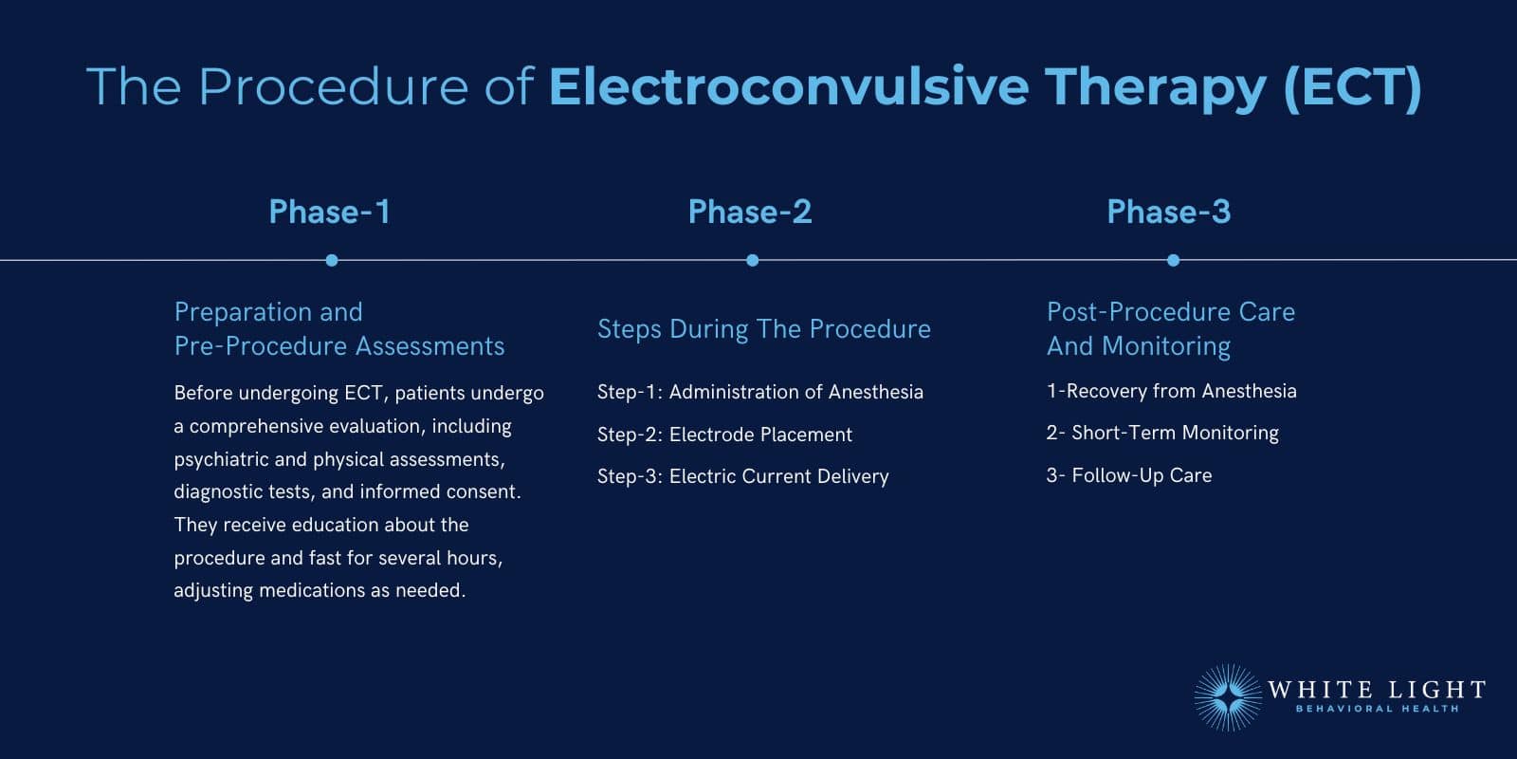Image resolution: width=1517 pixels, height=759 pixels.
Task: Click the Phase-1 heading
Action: (x=329, y=212)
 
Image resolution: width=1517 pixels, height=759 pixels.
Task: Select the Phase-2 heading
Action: (x=750, y=212)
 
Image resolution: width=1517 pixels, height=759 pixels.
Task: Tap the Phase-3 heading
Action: (x=1168, y=212)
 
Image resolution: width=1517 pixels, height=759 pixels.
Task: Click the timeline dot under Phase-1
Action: (x=331, y=260)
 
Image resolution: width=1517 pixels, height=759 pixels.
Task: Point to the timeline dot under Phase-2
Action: (x=752, y=260)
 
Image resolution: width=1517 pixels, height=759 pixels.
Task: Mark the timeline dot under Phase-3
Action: (x=1173, y=260)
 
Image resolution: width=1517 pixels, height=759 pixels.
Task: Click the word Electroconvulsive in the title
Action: (x=788, y=86)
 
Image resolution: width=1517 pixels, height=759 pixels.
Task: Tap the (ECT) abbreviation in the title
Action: (x=1352, y=86)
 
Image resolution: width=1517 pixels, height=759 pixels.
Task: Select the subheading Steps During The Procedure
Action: (x=763, y=329)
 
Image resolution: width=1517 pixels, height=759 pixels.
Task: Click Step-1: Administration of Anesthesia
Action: (x=759, y=392)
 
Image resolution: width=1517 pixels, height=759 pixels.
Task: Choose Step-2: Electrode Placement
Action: (x=724, y=435)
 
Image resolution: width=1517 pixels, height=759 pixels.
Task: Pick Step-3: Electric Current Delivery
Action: (x=742, y=476)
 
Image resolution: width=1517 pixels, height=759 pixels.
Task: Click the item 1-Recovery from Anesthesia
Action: (x=1171, y=391)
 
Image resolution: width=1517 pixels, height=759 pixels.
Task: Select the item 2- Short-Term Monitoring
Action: (x=1162, y=433)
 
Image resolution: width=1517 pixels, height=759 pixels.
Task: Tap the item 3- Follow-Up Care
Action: (x=1128, y=475)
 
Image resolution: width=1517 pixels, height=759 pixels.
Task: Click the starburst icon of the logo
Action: (x=1228, y=697)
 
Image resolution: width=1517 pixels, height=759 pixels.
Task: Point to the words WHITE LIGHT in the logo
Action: (x=1376, y=690)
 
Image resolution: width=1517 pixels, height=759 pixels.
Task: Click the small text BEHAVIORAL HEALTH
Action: (x=1377, y=709)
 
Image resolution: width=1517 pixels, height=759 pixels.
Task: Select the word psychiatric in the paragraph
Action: (x=220, y=459)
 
